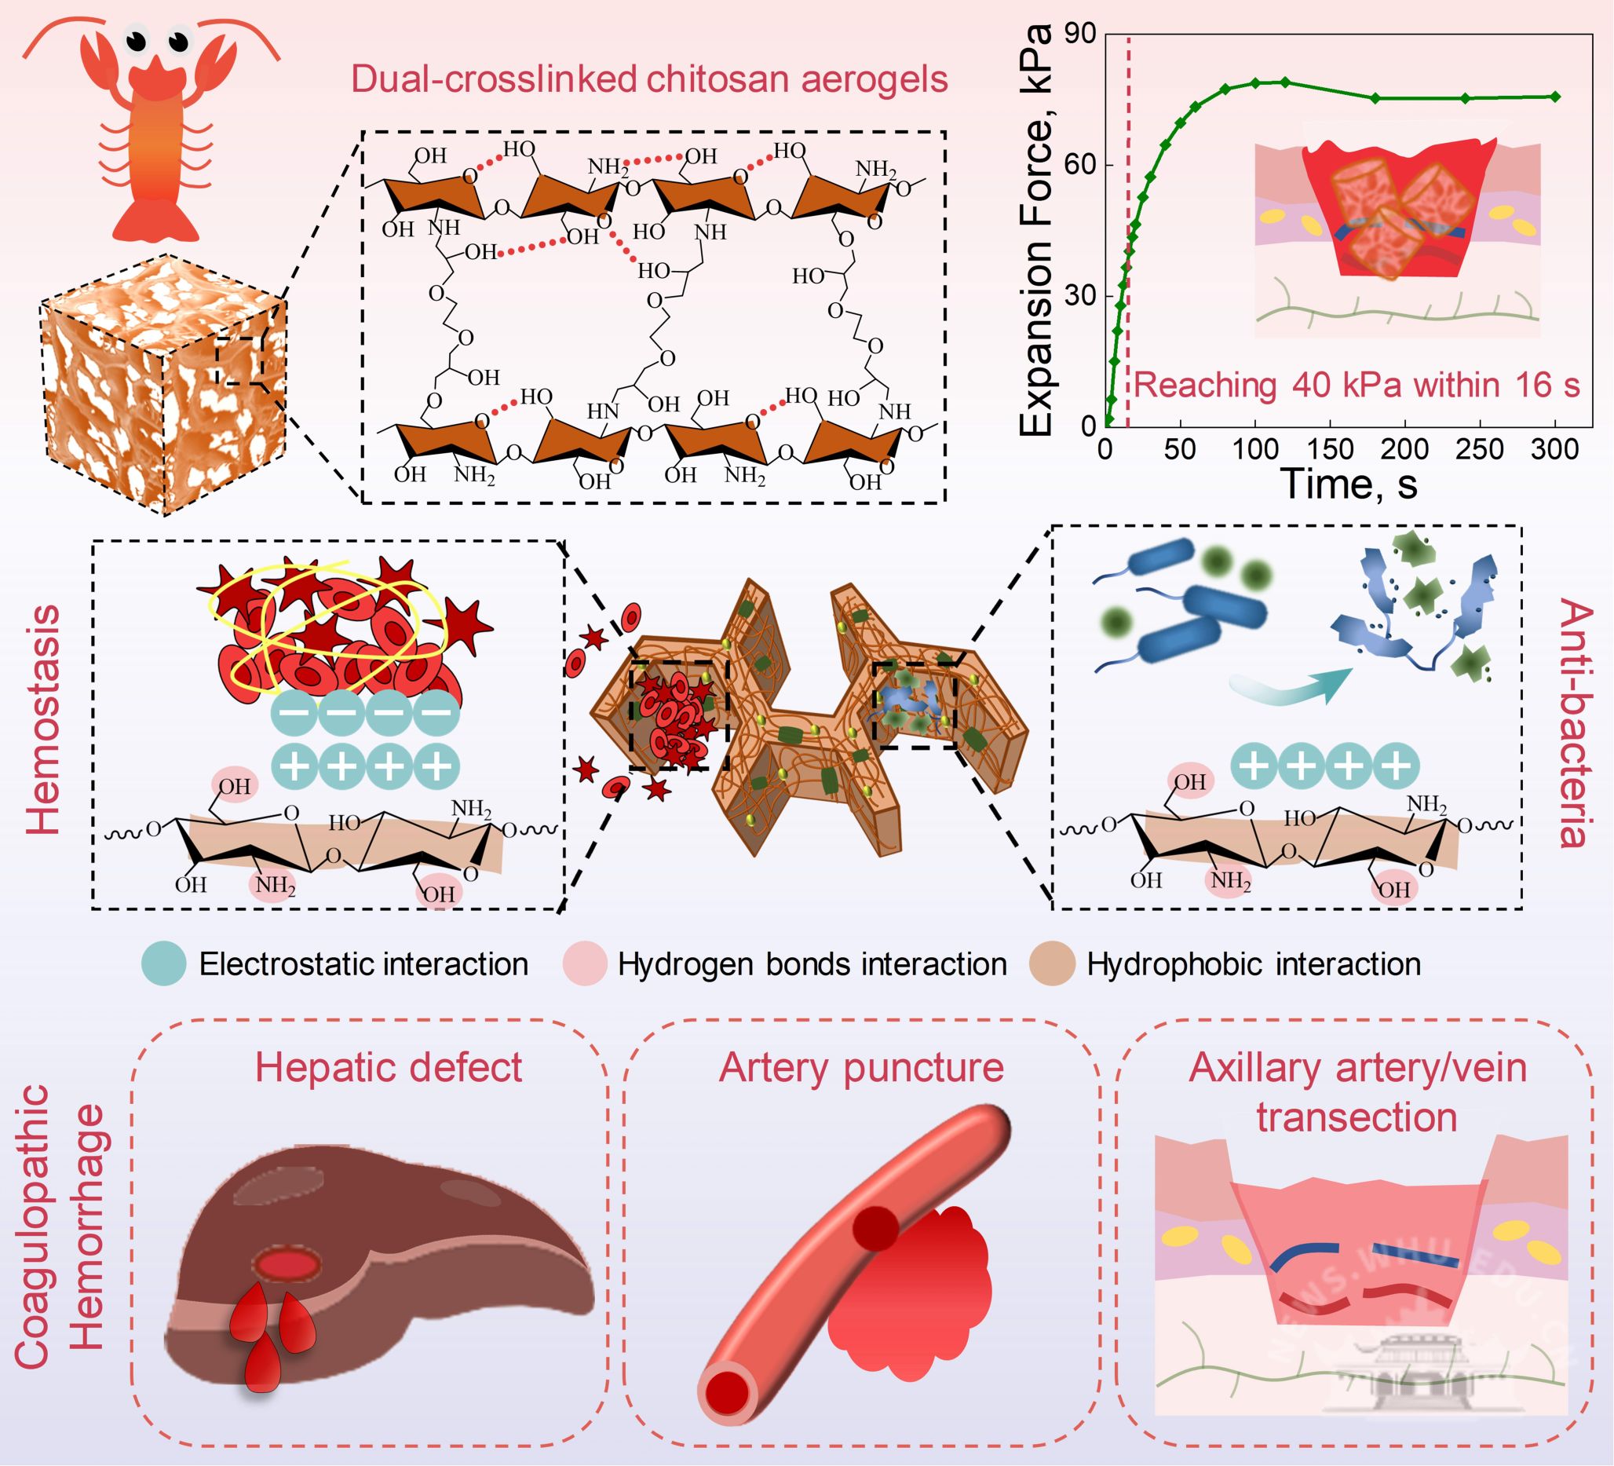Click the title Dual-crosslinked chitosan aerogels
pyautogui.click(x=648, y=79)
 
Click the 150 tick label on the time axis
pyautogui.click(x=1330, y=449)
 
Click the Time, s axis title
pyautogui.click(x=1349, y=485)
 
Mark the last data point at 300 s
pyautogui.click(x=1555, y=97)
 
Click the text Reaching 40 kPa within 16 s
pyautogui.click(x=1357, y=385)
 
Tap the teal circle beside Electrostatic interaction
pyautogui.click(x=164, y=963)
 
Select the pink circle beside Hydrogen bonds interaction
pyautogui.click(x=584, y=963)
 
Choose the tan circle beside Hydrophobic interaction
pyautogui.click(x=1052, y=963)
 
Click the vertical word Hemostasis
pyautogui.click(x=43, y=720)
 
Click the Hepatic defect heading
pyautogui.click(x=389, y=1067)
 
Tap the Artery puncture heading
pyautogui.click(x=860, y=1067)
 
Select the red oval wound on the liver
pyautogui.click(x=287, y=1264)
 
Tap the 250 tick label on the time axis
pyautogui.click(x=1480, y=449)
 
